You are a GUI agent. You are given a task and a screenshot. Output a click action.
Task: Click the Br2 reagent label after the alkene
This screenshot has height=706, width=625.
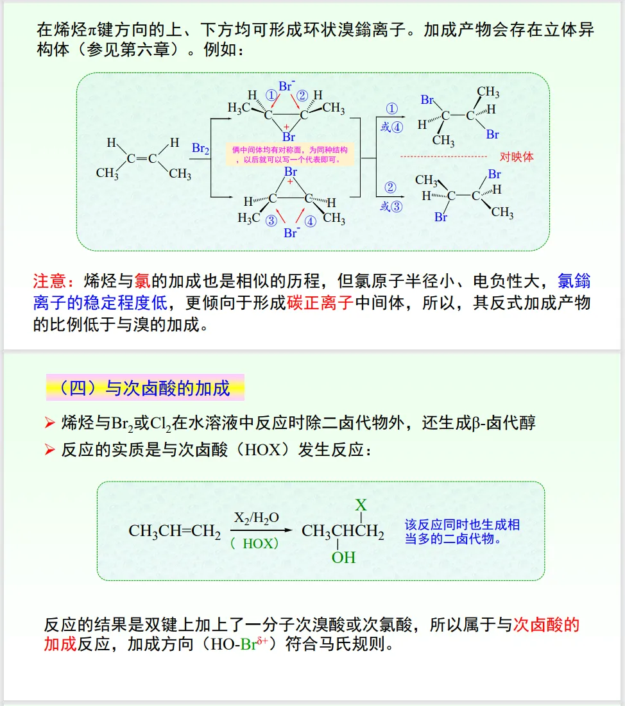[200, 149]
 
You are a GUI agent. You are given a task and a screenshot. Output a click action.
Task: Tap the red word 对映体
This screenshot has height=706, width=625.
[516, 156]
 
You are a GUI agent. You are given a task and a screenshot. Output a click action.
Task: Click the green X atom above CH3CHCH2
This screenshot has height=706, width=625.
[361, 505]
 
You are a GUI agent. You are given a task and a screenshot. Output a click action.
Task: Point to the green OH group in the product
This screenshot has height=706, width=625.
[343, 558]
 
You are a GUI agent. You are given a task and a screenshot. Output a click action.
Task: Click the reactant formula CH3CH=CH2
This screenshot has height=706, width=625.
[175, 532]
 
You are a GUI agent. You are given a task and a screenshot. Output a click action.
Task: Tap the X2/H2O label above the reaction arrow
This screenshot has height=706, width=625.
[257, 517]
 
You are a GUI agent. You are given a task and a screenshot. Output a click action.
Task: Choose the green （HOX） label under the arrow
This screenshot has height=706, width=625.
[255, 543]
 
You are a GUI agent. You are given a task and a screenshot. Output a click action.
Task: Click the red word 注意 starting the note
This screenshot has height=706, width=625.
[49, 281]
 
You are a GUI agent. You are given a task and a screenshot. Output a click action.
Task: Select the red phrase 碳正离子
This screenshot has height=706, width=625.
[320, 303]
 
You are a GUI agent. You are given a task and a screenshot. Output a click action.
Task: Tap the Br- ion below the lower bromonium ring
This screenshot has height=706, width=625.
[291, 233]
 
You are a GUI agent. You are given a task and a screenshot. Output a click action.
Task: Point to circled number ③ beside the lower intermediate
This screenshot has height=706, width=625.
[272, 221]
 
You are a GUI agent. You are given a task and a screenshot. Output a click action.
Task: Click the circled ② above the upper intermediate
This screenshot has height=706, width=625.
[302, 95]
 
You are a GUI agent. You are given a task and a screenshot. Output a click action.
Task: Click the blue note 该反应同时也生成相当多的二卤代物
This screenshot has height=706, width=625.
[462, 532]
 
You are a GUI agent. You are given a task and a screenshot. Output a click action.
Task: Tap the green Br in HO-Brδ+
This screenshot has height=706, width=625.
[248, 644]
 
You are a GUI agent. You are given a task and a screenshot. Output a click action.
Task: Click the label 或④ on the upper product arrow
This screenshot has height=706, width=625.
[391, 127]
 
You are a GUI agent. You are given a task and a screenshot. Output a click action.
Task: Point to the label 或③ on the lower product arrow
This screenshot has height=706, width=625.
[391, 206]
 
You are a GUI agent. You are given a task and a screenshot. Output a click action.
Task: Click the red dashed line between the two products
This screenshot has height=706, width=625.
[443, 156]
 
